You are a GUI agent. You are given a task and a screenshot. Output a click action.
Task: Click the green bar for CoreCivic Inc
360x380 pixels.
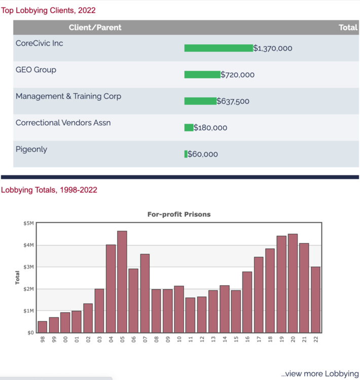[218, 48]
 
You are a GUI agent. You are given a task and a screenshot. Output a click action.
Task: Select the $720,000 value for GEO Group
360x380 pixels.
[237, 75]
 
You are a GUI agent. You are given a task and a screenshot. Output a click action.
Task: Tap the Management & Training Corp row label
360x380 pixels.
[68, 96]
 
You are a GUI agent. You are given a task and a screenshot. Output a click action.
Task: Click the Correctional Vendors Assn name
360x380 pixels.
[63, 123]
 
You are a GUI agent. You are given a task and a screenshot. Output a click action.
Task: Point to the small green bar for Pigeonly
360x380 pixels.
[186, 154]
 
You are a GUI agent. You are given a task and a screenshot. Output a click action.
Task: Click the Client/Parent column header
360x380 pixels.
[95, 27]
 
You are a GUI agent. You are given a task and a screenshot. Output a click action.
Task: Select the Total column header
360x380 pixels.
[348, 27]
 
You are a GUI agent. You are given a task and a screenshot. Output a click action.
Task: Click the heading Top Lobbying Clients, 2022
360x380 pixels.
[48, 10]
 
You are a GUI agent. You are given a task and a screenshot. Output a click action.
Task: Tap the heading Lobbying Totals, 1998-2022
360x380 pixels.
[49, 190]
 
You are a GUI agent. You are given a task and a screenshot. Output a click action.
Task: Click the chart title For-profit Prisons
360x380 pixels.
[178, 214]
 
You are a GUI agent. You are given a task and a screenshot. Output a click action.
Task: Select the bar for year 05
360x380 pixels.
[122, 281]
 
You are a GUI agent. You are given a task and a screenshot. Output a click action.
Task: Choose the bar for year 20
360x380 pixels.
[293, 283]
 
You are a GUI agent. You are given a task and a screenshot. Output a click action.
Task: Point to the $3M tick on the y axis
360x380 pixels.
[28, 267]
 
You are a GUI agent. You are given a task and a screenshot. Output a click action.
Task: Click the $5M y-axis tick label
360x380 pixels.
[28, 223]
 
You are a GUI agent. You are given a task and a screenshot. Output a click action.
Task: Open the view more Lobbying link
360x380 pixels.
[319, 374]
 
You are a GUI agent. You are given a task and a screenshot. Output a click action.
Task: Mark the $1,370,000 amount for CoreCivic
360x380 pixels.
[272, 49]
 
